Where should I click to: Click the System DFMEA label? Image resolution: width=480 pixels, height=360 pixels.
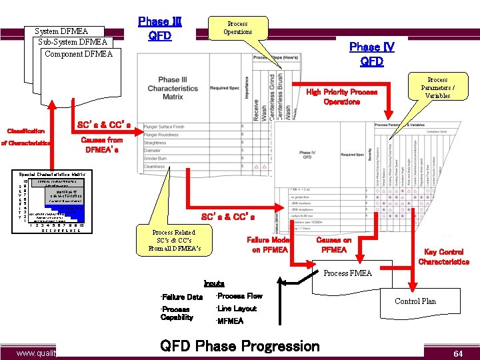coord(61,31)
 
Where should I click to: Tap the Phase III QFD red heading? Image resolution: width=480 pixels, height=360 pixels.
coord(160,29)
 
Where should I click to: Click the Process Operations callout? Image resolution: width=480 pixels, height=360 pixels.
coord(237,28)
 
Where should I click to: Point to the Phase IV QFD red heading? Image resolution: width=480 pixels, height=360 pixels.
coord(371,54)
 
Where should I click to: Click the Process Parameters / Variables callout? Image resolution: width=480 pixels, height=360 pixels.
coord(437,87)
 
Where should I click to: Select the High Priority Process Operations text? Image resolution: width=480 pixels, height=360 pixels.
coord(341,97)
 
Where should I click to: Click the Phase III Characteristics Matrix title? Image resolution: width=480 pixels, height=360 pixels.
coord(173,88)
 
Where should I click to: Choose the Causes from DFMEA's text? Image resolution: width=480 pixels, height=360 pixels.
coord(101,145)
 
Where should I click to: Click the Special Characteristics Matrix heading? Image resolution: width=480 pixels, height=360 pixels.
coord(55,173)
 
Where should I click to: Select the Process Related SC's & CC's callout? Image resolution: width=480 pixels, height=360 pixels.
coord(175,240)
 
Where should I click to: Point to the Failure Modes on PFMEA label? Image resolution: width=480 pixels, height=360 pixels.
coord(269,245)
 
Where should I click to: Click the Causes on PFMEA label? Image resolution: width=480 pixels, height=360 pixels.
coord(333,245)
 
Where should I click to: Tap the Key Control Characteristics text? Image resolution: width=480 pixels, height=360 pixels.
coord(443,257)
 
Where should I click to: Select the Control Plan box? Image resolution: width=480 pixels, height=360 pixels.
coord(415,301)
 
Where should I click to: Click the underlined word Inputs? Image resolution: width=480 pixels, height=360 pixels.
coord(215,283)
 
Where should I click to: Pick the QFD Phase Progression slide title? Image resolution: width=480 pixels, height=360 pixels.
coord(240,346)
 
